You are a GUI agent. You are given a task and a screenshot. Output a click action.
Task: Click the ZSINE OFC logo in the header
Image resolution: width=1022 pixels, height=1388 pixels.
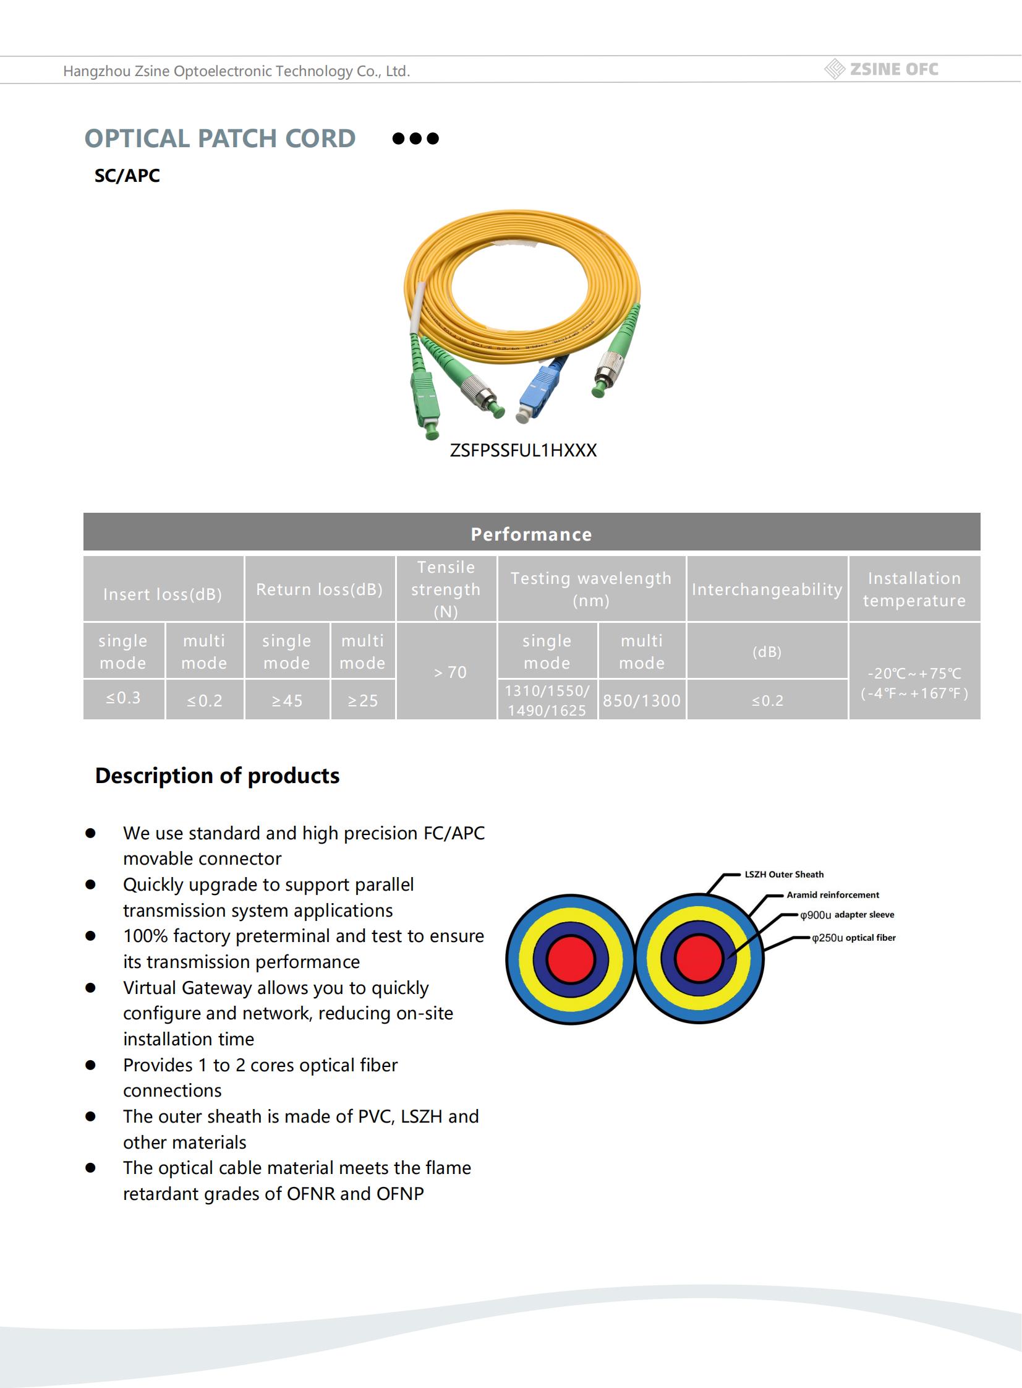pos(882,69)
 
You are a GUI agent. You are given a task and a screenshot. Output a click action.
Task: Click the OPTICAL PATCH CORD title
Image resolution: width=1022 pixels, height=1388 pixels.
pos(219,139)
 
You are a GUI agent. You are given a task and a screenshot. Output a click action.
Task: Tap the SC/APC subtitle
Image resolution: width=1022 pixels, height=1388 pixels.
pos(127,176)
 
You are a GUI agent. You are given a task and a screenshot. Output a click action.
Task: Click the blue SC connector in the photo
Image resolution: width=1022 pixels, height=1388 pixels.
pos(539,390)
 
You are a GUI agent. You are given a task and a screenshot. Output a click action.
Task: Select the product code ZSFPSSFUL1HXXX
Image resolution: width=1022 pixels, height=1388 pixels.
pos(523,450)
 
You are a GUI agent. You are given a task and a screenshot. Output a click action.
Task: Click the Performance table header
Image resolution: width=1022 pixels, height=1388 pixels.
pos(532,534)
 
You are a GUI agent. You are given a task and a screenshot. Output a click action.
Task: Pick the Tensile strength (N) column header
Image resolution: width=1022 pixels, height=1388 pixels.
pos(445,589)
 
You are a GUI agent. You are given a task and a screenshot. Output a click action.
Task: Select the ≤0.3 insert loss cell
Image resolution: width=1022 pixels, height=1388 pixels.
pos(123,699)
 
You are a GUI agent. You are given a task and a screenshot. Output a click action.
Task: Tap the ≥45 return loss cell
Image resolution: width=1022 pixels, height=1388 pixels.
pos(287,701)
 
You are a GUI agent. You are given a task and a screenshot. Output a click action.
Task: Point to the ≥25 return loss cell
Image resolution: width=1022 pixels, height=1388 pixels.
pos(362,701)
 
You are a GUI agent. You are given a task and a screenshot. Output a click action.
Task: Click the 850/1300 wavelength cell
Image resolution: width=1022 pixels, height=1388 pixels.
pos(642,701)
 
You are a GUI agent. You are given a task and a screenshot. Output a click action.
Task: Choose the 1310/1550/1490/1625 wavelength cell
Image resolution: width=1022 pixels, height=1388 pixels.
pos(547,701)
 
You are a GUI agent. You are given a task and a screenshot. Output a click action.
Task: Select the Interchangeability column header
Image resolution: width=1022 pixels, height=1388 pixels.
pos(767,589)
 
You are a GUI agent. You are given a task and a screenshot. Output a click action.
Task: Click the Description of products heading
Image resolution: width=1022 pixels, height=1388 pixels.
pos(217,776)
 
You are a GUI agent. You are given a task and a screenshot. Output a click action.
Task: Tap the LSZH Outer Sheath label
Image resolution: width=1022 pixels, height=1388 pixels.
pos(784,875)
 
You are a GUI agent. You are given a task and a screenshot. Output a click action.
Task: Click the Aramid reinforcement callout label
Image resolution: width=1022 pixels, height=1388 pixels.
pos(833,895)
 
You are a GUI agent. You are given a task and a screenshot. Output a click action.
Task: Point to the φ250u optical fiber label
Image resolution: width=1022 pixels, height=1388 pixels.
pos(854,938)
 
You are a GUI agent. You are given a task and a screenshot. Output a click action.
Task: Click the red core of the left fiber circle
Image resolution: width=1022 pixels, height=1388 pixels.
pos(571,959)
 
